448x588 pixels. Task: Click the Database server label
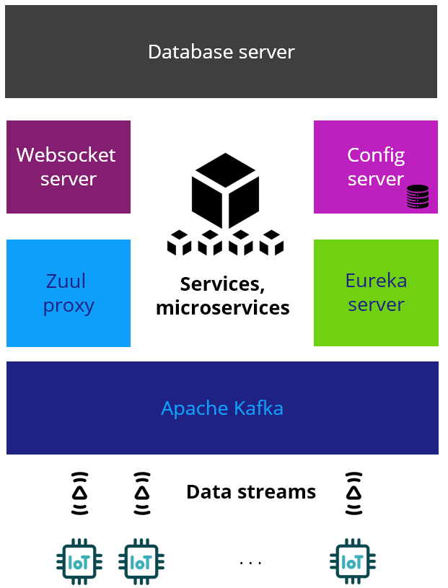(x=221, y=52)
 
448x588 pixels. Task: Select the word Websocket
(x=66, y=155)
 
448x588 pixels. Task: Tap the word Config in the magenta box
(x=376, y=155)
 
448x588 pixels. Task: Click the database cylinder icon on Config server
(x=417, y=196)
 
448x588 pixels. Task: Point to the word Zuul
(x=66, y=281)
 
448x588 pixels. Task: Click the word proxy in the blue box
(x=69, y=306)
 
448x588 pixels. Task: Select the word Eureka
(x=376, y=280)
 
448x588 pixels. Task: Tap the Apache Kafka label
(x=222, y=408)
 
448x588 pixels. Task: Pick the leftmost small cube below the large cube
(x=180, y=243)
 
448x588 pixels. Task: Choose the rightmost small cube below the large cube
(x=271, y=243)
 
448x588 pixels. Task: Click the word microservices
(x=223, y=308)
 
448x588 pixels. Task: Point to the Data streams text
(x=251, y=492)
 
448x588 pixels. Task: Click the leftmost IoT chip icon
(x=79, y=562)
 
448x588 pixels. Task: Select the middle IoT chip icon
(x=141, y=562)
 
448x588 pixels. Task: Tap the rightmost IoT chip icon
(x=353, y=562)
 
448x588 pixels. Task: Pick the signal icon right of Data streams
(x=353, y=493)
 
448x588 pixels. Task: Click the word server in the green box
(x=376, y=304)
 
